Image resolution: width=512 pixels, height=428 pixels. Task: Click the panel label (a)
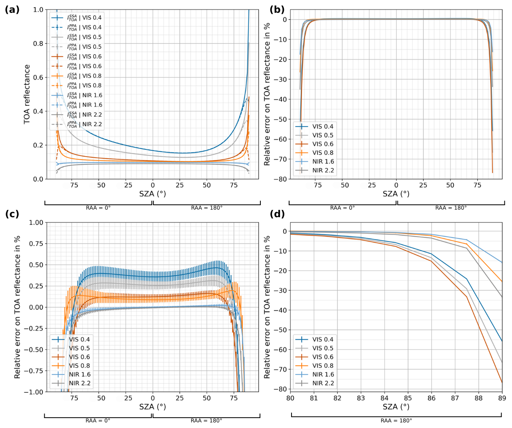(12, 10)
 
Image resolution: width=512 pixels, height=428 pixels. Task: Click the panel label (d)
(277, 214)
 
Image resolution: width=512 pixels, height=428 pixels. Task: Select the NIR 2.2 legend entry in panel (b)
(323, 170)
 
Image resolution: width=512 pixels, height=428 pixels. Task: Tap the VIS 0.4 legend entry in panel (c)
(79, 339)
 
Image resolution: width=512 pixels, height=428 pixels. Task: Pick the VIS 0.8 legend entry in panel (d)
(323, 366)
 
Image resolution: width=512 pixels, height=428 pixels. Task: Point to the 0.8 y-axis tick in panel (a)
(38, 44)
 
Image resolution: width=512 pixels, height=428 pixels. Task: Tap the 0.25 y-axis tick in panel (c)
(36, 286)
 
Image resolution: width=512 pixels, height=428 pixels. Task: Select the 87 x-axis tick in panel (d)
(455, 398)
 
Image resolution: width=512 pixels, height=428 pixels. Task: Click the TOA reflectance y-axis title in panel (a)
(27, 94)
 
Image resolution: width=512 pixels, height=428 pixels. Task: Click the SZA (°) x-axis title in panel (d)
(396, 407)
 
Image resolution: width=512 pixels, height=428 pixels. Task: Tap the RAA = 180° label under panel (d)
(396, 420)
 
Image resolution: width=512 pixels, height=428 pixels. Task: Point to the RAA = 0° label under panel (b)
(342, 208)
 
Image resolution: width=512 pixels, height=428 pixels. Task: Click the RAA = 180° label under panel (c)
(206, 420)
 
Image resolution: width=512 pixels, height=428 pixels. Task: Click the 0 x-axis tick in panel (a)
(153, 185)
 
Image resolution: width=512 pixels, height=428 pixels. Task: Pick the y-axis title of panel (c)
(17, 307)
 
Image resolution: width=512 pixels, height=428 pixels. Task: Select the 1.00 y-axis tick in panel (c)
(36, 222)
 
